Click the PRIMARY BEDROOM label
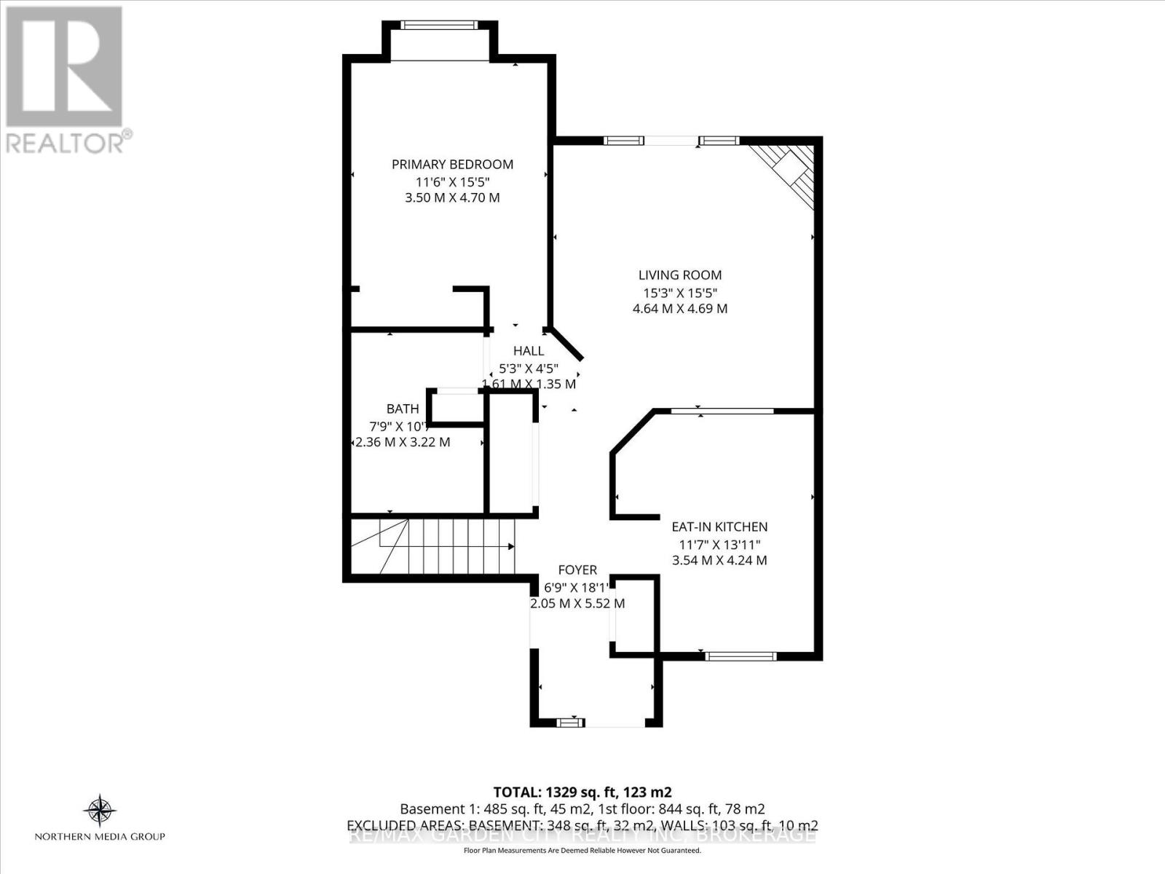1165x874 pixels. click(x=452, y=165)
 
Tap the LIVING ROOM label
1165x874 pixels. click(x=680, y=275)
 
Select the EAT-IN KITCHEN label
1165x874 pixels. click(x=719, y=527)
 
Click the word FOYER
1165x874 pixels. click(x=577, y=570)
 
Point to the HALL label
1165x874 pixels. click(x=529, y=351)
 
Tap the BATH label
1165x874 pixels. click(x=403, y=409)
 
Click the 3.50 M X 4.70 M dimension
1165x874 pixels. click(x=452, y=198)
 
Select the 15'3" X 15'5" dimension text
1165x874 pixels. click(x=680, y=293)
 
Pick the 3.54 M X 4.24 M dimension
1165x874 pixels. click(x=719, y=561)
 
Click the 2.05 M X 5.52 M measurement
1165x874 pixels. click(x=577, y=604)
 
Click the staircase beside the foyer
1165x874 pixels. click(x=437, y=546)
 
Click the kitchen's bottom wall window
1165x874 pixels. click(x=741, y=656)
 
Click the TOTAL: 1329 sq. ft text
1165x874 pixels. click(x=582, y=792)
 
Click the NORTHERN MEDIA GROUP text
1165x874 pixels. click(x=100, y=837)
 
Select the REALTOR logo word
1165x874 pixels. click(x=66, y=142)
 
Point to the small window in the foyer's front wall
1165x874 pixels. click(x=570, y=723)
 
